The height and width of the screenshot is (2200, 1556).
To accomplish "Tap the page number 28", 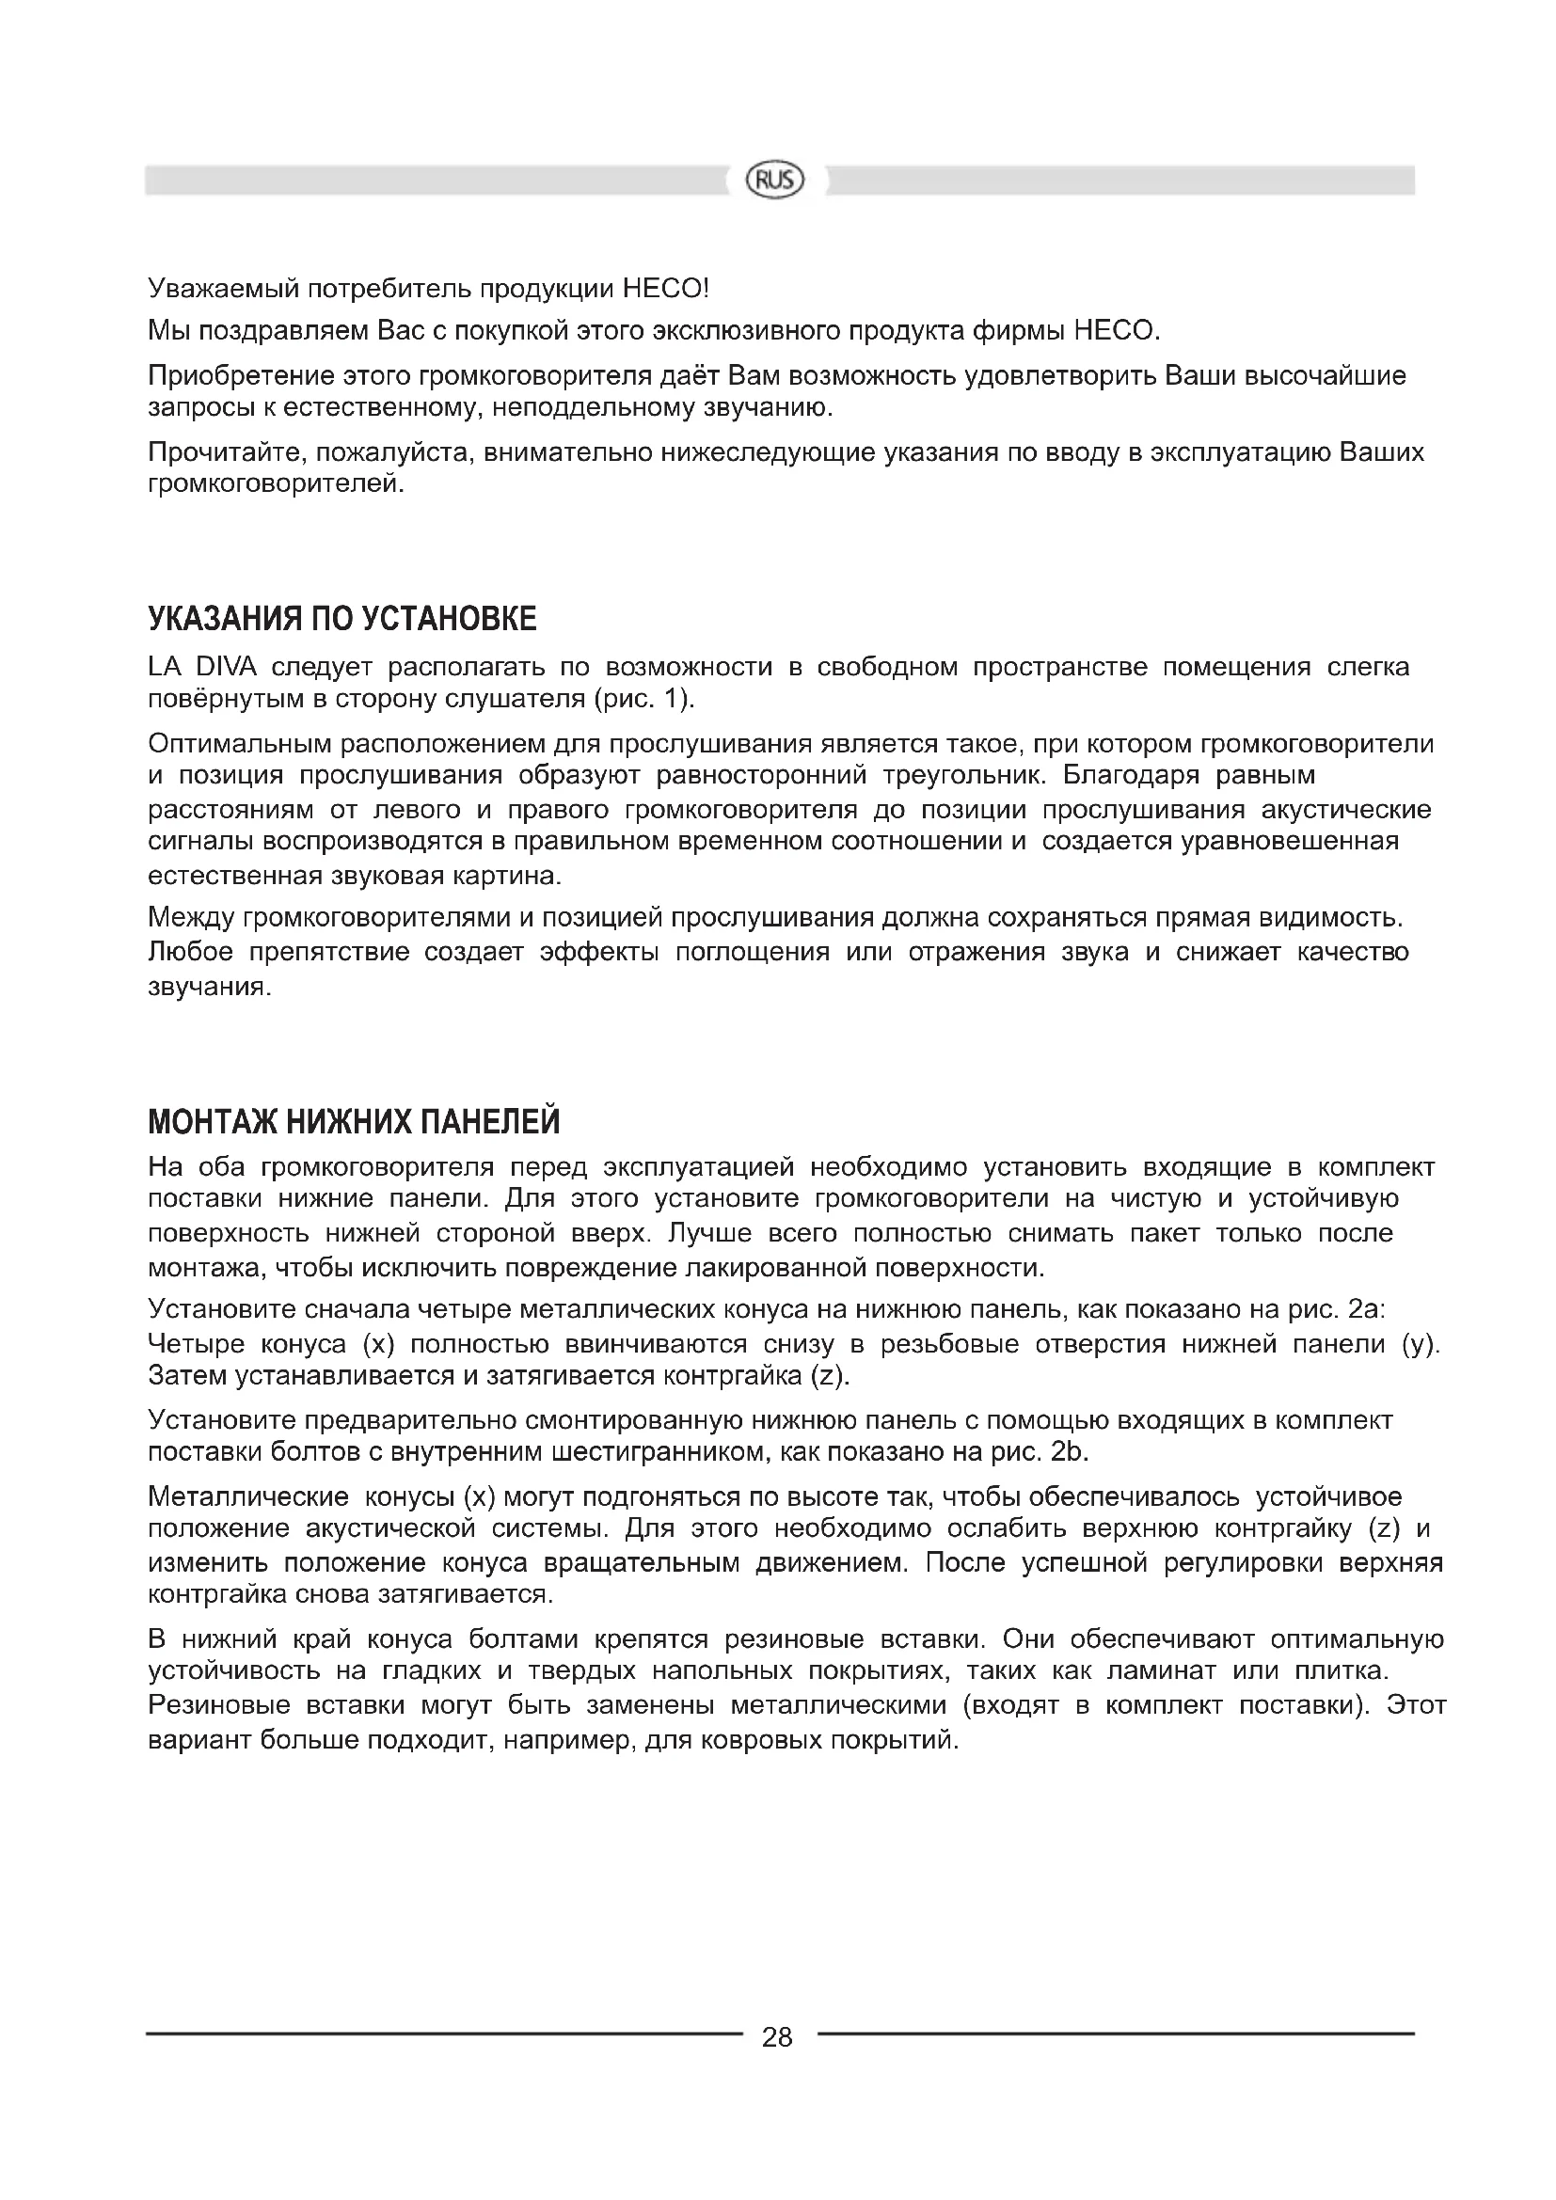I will point(777,2037).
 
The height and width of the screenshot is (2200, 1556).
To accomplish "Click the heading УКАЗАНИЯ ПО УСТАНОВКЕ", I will point(342,620).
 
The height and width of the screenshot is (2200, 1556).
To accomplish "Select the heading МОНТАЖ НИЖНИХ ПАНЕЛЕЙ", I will point(354,1121).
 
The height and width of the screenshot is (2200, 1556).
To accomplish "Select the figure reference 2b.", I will point(1071,1451).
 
